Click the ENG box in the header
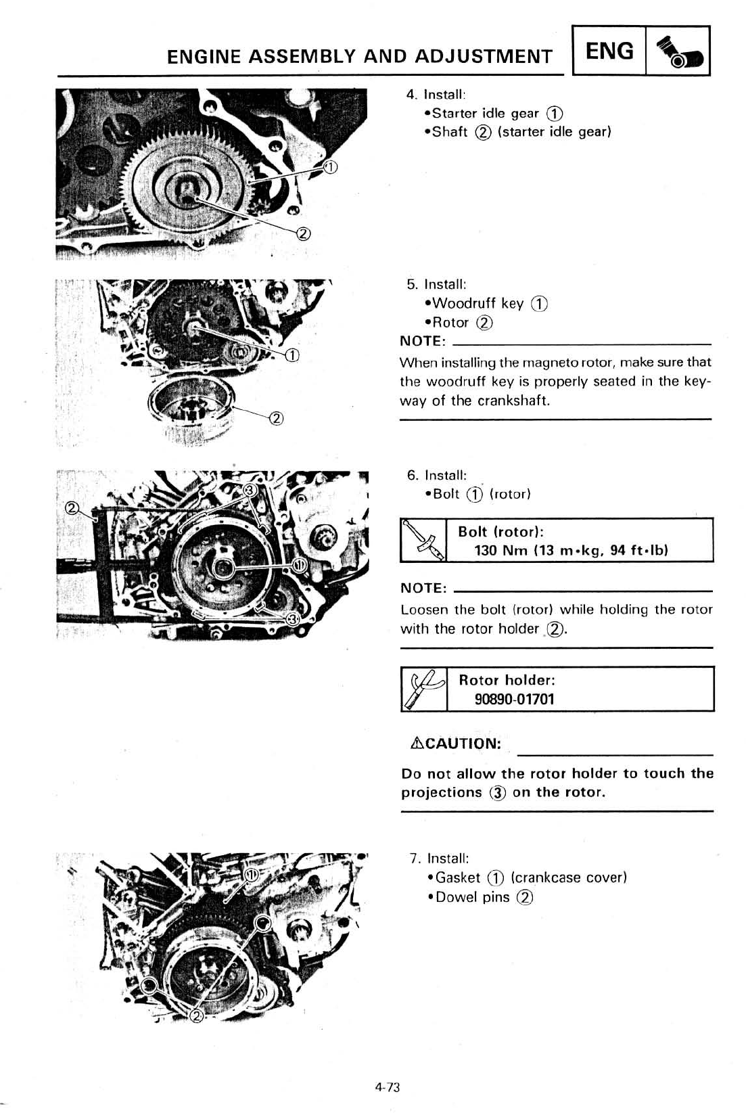click(x=609, y=51)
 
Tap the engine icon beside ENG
click(x=679, y=51)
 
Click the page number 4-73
click(x=388, y=1087)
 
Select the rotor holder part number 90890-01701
click(x=514, y=699)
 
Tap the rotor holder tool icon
click(x=423, y=689)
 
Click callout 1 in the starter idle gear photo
click(x=330, y=168)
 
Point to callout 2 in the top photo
click(x=304, y=234)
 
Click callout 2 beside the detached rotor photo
click(x=276, y=417)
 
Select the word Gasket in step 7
click(x=458, y=878)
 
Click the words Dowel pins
click(x=473, y=897)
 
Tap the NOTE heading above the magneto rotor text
click(x=423, y=341)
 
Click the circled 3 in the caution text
click(x=498, y=793)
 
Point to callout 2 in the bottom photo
click(x=197, y=1017)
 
